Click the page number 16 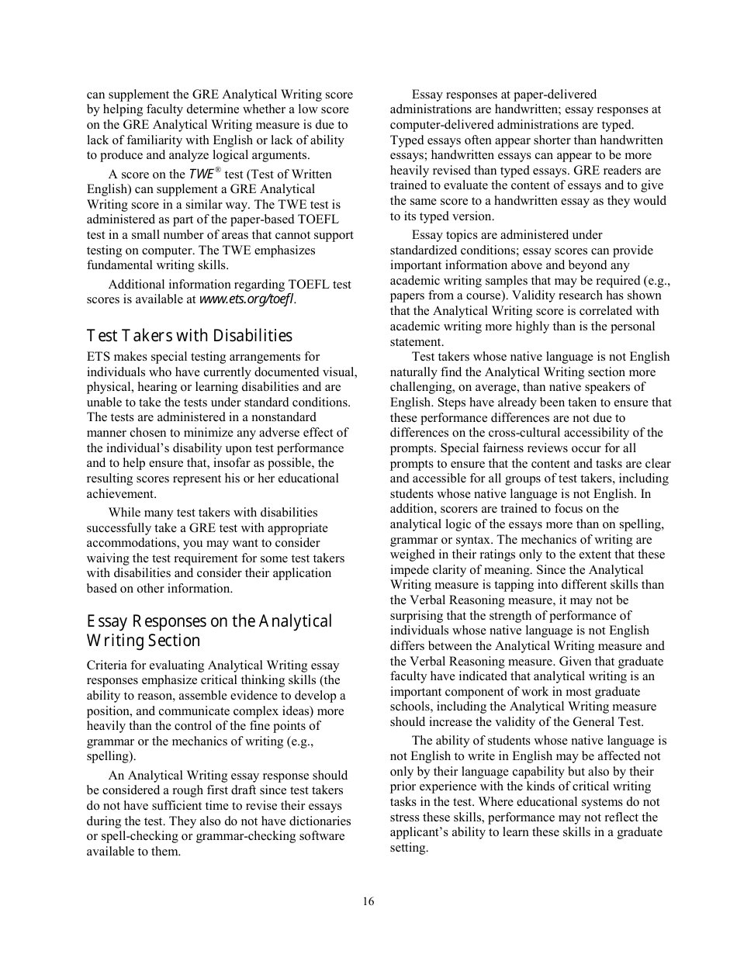coord(368,901)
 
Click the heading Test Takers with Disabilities coord(189,336)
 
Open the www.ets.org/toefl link coord(247,300)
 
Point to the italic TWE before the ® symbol coord(201,175)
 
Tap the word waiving coord(108,558)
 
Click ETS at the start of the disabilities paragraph coord(98,357)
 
